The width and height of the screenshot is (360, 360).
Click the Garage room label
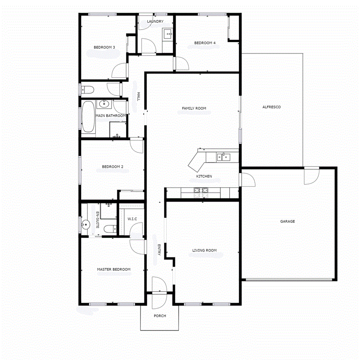287,221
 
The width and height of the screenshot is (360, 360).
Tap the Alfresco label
271,107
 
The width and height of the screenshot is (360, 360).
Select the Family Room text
194,108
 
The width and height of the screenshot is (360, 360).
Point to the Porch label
160,316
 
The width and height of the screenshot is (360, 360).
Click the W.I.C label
132,219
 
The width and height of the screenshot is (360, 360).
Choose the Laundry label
155,22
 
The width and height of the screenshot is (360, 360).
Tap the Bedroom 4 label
205,43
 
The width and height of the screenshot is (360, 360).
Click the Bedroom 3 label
104,48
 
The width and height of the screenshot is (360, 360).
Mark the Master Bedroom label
114,269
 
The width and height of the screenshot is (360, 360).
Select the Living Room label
204,250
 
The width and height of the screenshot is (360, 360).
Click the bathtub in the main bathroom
88,117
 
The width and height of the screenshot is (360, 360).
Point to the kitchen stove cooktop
200,192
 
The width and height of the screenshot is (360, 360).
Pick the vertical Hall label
138,97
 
